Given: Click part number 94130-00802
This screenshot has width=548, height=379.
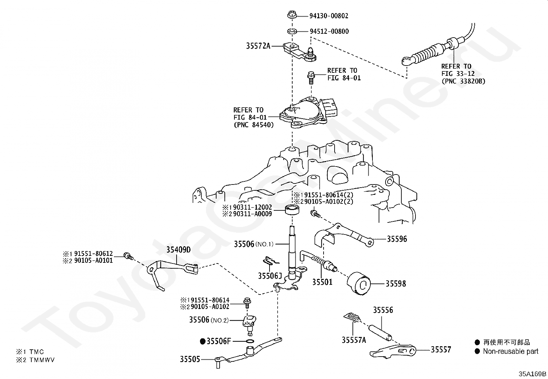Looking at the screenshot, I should click(329, 16).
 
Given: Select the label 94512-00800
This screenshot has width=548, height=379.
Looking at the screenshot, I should click(329, 31).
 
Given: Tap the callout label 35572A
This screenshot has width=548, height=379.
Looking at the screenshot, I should click(258, 46).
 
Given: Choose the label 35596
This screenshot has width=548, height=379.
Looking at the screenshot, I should click(397, 239).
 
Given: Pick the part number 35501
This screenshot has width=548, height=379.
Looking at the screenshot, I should click(322, 282).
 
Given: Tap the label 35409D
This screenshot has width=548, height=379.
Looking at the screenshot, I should click(178, 250).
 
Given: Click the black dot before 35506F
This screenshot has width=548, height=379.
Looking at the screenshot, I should click(203, 342).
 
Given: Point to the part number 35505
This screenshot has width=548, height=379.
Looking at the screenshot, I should click(190, 359).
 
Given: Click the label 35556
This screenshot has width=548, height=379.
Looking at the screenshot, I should click(383, 310).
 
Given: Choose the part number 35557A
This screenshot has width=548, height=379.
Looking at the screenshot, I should click(354, 340).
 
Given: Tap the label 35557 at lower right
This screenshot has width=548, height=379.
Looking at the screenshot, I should click(441, 350).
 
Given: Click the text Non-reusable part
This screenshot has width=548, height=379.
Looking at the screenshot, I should click(510, 351).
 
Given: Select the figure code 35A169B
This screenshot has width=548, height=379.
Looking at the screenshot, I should click(533, 374).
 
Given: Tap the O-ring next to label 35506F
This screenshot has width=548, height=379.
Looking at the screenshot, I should click(251, 342).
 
